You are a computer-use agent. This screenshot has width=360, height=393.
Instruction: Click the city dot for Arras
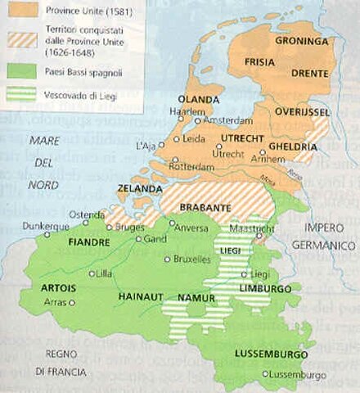pos(71,302)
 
